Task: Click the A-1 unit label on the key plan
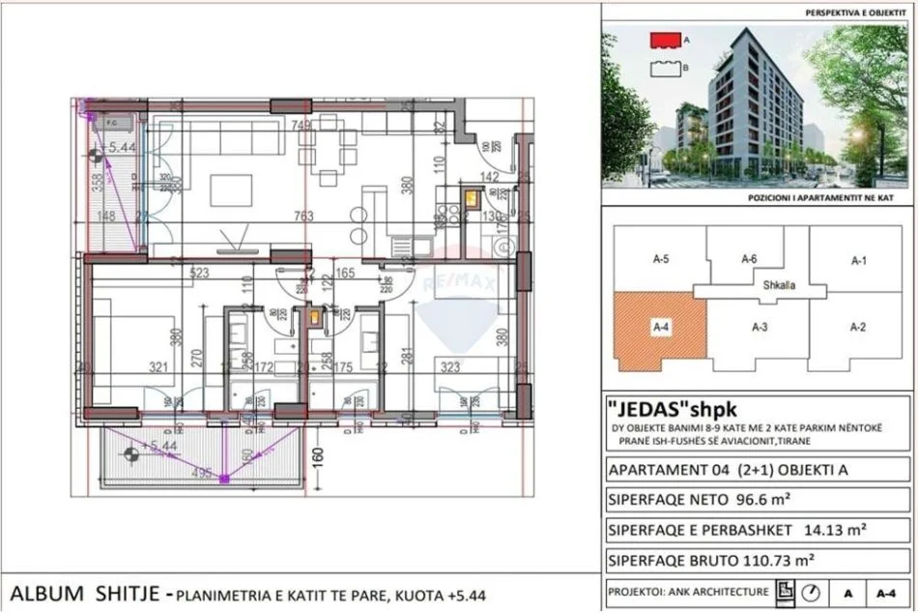(859, 260)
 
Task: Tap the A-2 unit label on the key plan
(856, 327)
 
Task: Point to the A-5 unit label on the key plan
(662, 259)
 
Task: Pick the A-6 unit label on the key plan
(748, 259)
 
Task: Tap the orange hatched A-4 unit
(657, 334)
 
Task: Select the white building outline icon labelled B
(666, 69)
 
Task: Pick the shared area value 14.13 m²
(828, 530)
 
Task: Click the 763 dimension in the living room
(306, 217)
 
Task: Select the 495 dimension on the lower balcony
(202, 473)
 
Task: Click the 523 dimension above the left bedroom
(201, 274)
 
